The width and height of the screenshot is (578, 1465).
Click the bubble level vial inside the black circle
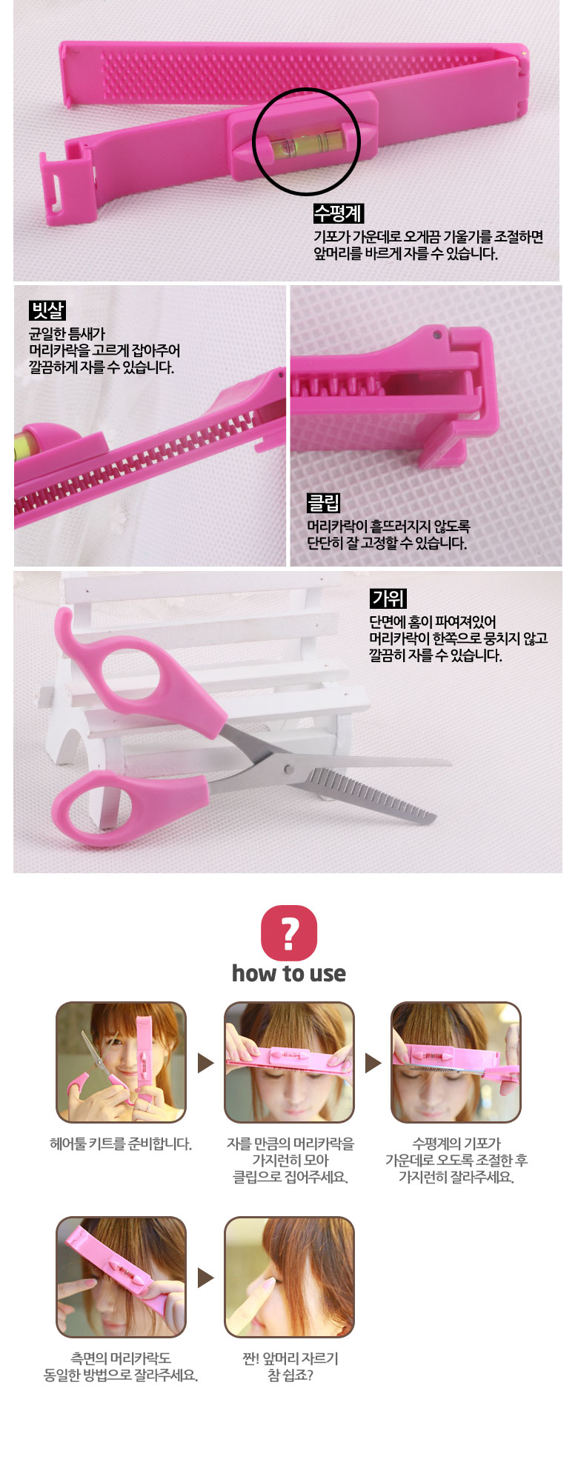(x=305, y=141)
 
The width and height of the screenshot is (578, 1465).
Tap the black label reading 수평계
(x=338, y=213)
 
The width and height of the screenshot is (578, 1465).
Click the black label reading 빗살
(x=48, y=310)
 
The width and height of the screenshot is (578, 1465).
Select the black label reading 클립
(x=324, y=504)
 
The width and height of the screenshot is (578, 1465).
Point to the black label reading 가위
(x=388, y=598)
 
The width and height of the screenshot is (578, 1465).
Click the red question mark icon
(x=289, y=932)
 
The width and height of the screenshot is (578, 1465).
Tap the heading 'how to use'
(x=289, y=973)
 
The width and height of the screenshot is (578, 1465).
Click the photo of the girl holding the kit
(x=121, y=1062)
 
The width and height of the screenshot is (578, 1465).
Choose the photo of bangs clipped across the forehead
(x=289, y=1062)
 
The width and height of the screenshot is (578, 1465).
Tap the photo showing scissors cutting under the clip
(x=456, y=1062)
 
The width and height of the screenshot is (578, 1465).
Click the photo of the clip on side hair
(x=121, y=1277)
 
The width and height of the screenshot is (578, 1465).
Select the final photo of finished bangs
(x=289, y=1277)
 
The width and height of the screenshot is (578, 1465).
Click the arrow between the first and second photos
(x=205, y=1064)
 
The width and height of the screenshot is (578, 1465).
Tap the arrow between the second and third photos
(x=373, y=1064)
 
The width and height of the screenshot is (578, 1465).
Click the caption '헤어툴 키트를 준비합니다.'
(x=121, y=1144)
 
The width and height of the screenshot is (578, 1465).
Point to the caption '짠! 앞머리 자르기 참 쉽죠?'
(x=290, y=1366)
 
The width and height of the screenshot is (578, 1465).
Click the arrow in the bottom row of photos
(x=205, y=1278)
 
